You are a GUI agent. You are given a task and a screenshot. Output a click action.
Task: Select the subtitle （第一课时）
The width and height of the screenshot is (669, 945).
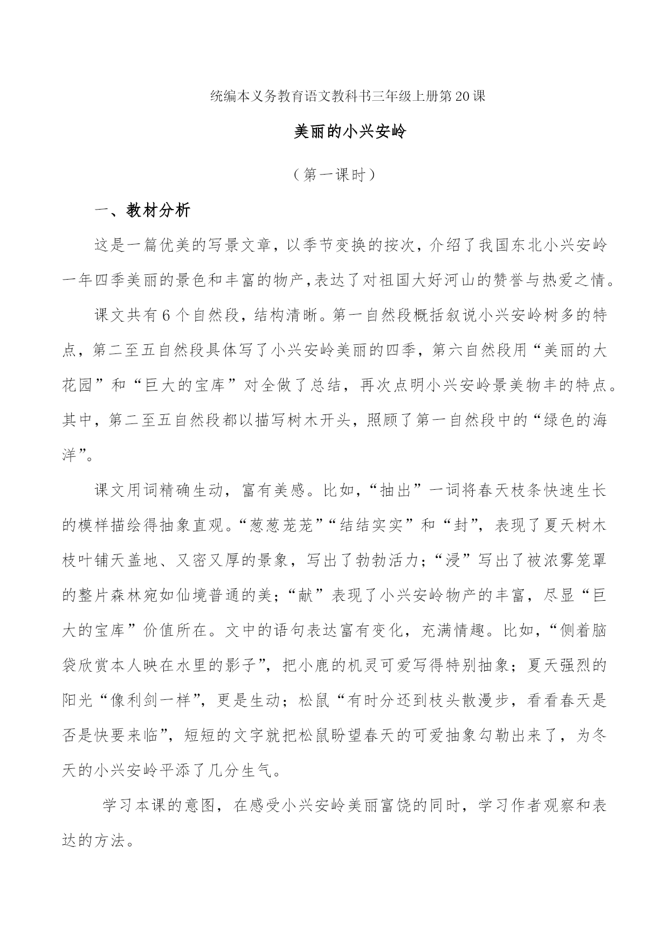click(334, 175)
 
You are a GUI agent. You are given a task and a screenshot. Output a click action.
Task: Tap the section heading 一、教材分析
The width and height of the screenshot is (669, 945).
click(142, 211)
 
